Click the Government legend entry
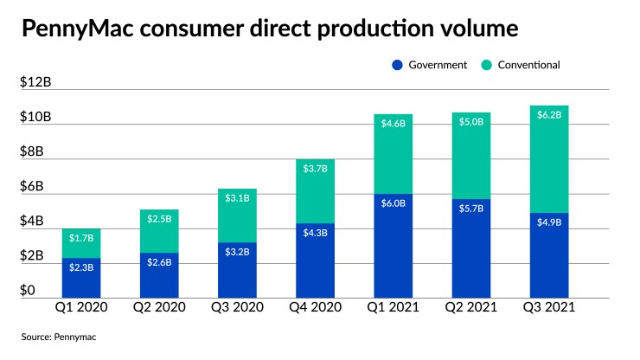[x=432, y=64]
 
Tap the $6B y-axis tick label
[x=35, y=187]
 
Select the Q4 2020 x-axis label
[x=316, y=308]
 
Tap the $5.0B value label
[x=471, y=123]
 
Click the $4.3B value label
[x=316, y=233]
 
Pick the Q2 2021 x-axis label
[x=470, y=308]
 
